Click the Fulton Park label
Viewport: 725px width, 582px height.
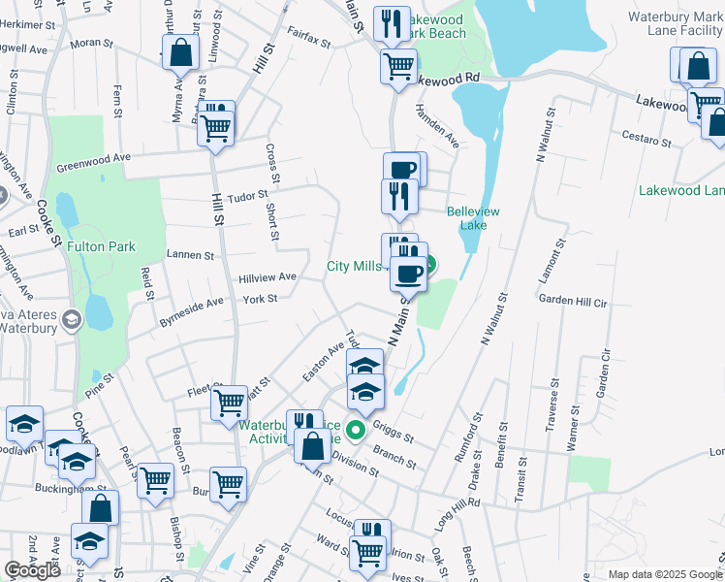102,246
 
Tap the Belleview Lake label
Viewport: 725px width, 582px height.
473,218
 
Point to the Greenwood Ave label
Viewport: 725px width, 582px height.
93,157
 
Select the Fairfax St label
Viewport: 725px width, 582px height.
309,38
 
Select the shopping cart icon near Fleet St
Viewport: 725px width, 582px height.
230,401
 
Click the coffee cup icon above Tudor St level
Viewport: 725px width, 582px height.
401,169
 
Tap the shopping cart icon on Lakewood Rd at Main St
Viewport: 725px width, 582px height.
398,67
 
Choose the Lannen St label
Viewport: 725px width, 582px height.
190,255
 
